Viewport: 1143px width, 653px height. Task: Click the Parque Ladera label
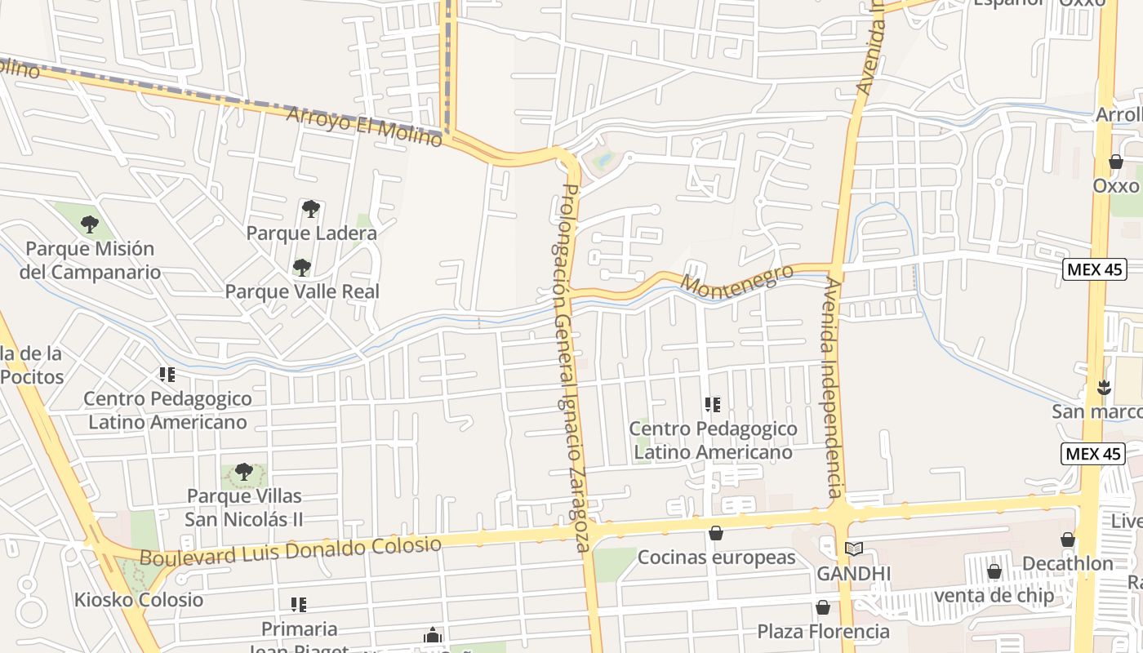[x=311, y=233]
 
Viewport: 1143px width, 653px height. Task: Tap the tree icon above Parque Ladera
[x=310, y=209]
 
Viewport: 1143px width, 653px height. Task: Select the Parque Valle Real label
[x=302, y=291]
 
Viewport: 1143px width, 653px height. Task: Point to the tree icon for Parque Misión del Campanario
[x=90, y=224]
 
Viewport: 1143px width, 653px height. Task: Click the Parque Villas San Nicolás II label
[x=244, y=508]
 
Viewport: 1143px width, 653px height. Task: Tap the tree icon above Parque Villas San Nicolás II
[x=243, y=471]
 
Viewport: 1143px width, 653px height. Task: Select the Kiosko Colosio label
[x=139, y=600]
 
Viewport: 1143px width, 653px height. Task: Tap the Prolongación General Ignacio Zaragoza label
[x=572, y=367]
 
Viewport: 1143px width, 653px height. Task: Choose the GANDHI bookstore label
[x=854, y=574]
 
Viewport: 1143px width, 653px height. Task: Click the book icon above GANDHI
[x=853, y=549]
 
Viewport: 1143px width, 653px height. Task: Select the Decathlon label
[x=1068, y=564]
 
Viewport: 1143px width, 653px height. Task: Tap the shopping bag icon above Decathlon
[x=1067, y=540]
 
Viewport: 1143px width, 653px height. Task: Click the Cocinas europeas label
[x=716, y=557]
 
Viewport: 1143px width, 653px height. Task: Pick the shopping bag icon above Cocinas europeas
[x=716, y=533]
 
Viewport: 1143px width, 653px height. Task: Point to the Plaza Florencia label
[x=823, y=631]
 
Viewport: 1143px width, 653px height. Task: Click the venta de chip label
[x=994, y=596]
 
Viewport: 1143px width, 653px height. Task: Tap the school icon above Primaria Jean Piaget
[x=299, y=605]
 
